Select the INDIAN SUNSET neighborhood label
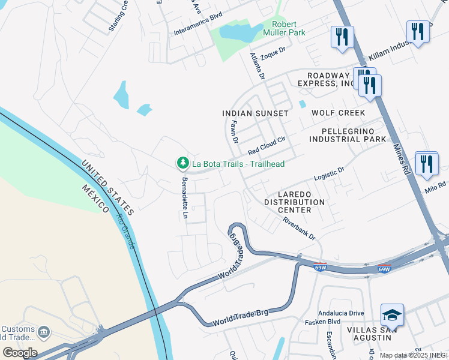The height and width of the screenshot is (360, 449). [255, 113]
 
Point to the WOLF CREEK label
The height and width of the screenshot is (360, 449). [338, 113]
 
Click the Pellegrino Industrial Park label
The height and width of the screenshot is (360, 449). [348, 135]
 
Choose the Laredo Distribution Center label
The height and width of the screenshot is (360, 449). [294, 202]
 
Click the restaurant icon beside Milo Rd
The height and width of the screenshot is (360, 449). [427, 163]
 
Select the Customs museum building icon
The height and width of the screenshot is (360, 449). [44, 332]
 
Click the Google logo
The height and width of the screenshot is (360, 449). [20, 352]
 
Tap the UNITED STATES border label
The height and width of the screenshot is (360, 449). [107, 187]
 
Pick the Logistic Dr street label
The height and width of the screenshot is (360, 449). [329, 174]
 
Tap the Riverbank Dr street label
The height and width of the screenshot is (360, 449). [300, 228]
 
